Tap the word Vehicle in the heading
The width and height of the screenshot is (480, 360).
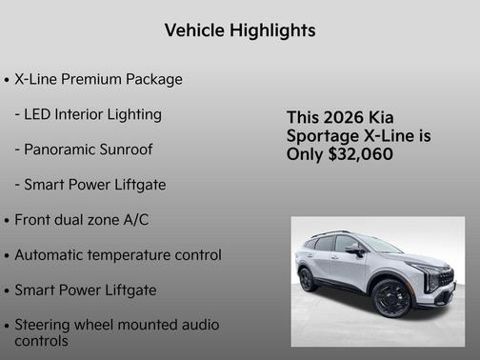[190, 30]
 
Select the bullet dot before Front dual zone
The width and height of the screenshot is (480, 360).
[8, 220]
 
